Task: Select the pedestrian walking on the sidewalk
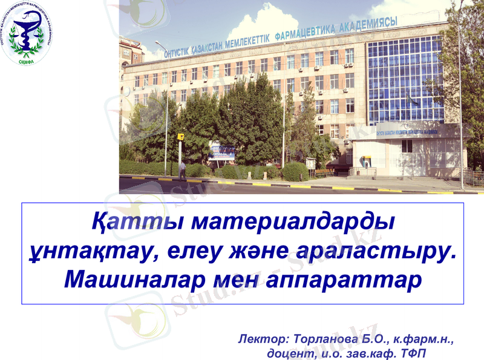tap(182, 170)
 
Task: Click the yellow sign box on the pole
tap(180, 137)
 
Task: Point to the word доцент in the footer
tap(287, 353)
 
